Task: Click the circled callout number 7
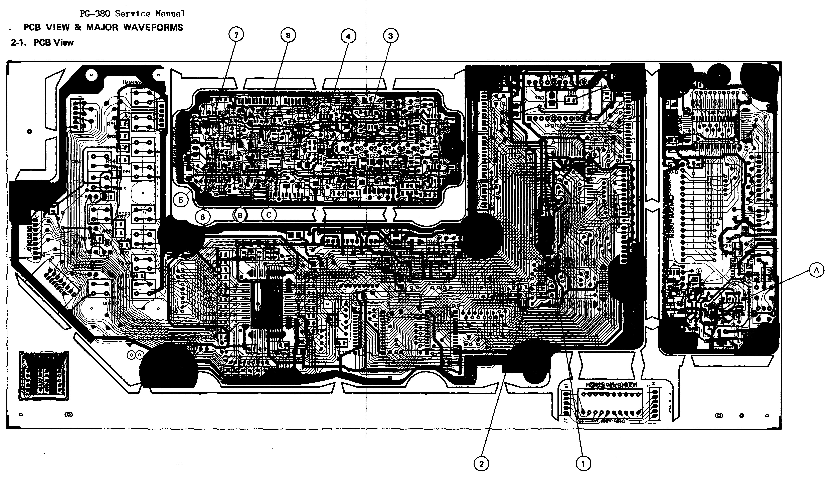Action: (x=236, y=35)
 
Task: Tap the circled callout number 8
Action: (x=288, y=35)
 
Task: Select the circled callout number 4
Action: (x=348, y=36)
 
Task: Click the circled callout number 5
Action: (x=181, y=200)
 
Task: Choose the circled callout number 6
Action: (x=202, y=217)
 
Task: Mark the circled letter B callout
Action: (x=240, y=216)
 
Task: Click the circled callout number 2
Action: (x=481, y=464)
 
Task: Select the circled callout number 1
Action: (x=583, y=464)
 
